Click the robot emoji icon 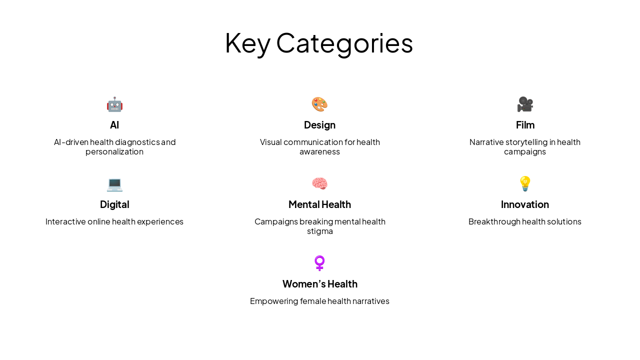pos(114,104)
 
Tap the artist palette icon pos(319,104)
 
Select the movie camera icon pos(525,104)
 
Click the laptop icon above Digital pos(114,184)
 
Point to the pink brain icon pos(319,183)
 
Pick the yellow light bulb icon pos(525,183)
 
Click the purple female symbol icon pos(319,263)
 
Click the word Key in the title pos(247,43)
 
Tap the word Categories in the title pos(344,43)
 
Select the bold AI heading pos(114,125)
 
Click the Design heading pos(319,125)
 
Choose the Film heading pos(525,125)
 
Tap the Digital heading pos(114,204)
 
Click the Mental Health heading pos(319,204)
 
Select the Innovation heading pos(525,204)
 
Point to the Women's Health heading pos(320,283)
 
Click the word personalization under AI pos(114,151)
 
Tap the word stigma pos(320,231)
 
